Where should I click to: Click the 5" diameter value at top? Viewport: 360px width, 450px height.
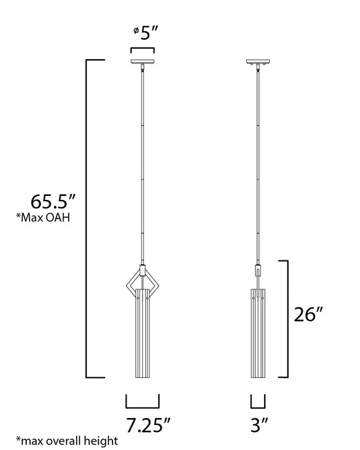148,33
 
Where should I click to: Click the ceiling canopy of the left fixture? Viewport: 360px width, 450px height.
142,63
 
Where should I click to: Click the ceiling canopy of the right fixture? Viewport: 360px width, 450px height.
257,63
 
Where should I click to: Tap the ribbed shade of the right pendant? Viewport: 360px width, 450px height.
257,334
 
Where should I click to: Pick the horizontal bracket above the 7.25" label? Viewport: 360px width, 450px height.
142,404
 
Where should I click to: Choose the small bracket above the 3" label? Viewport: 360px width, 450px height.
257,404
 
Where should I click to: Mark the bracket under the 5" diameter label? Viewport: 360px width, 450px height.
142,50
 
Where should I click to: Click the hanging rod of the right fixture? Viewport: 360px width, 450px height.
257,161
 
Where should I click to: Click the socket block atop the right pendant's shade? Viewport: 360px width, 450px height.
257,271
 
